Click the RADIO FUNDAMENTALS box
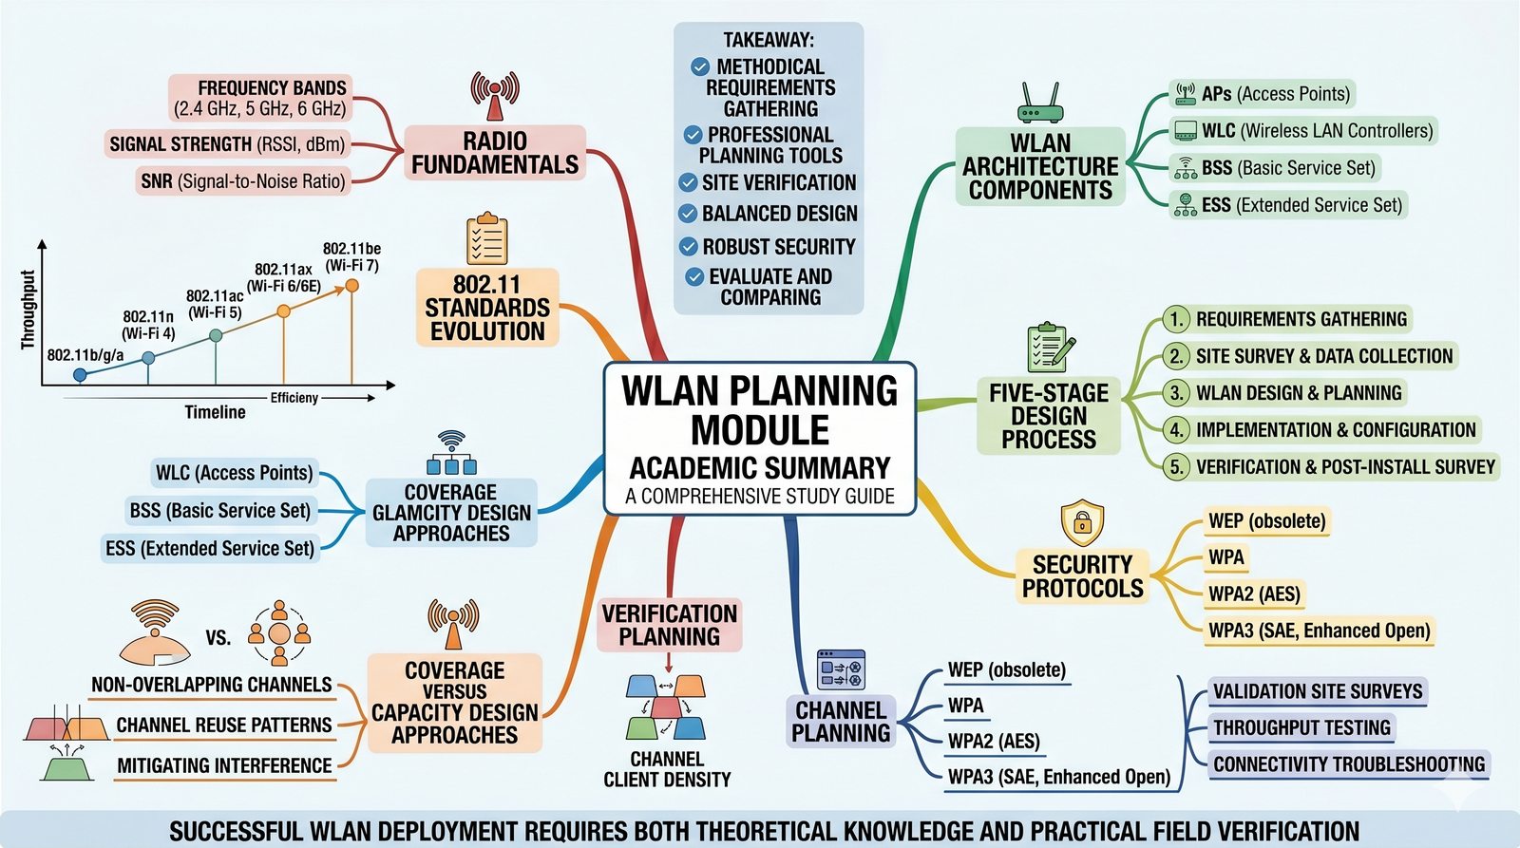[495, 153]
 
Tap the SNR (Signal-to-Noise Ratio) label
[242, 180]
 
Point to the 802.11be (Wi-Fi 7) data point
[351, 285]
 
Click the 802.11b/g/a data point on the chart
[80, 375]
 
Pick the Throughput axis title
[28, 310]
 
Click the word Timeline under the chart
[215, 412]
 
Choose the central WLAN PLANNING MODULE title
[759, 410]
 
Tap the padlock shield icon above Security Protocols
[1081, 522]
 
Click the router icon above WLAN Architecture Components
[1040, 104]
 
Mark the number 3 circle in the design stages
[1177, 393]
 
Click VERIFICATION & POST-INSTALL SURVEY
[1345, 467]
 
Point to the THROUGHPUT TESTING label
[1301, 728]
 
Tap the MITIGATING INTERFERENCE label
[224, 765]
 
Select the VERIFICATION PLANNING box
[669, 625]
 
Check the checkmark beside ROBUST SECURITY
[689, 247]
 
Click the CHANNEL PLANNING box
[841, 722]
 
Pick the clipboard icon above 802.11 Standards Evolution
[486, 238]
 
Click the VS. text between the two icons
[218, 637]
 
